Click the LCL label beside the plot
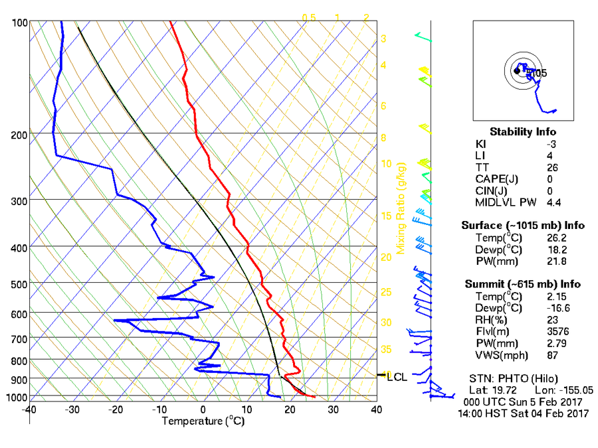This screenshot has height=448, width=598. (397, 377)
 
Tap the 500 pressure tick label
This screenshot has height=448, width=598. (19, 284)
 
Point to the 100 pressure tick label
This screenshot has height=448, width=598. (19, 23)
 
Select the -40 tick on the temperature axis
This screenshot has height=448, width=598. (29, 410)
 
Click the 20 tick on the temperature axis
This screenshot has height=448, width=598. (290, 410)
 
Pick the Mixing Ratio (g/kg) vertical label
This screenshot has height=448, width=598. (401, 210)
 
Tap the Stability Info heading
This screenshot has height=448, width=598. (522, 132)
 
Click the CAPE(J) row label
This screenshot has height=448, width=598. (497, 179)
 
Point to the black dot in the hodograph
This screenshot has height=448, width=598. (517, 70)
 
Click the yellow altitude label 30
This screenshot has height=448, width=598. (385, 323)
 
